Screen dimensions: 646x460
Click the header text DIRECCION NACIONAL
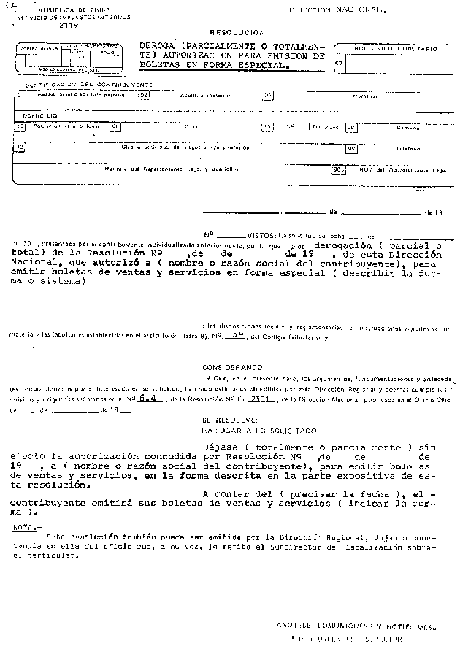coord(337,11)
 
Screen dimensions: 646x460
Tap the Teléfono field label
coord(408,149)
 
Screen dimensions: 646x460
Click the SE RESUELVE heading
coord(229,420)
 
